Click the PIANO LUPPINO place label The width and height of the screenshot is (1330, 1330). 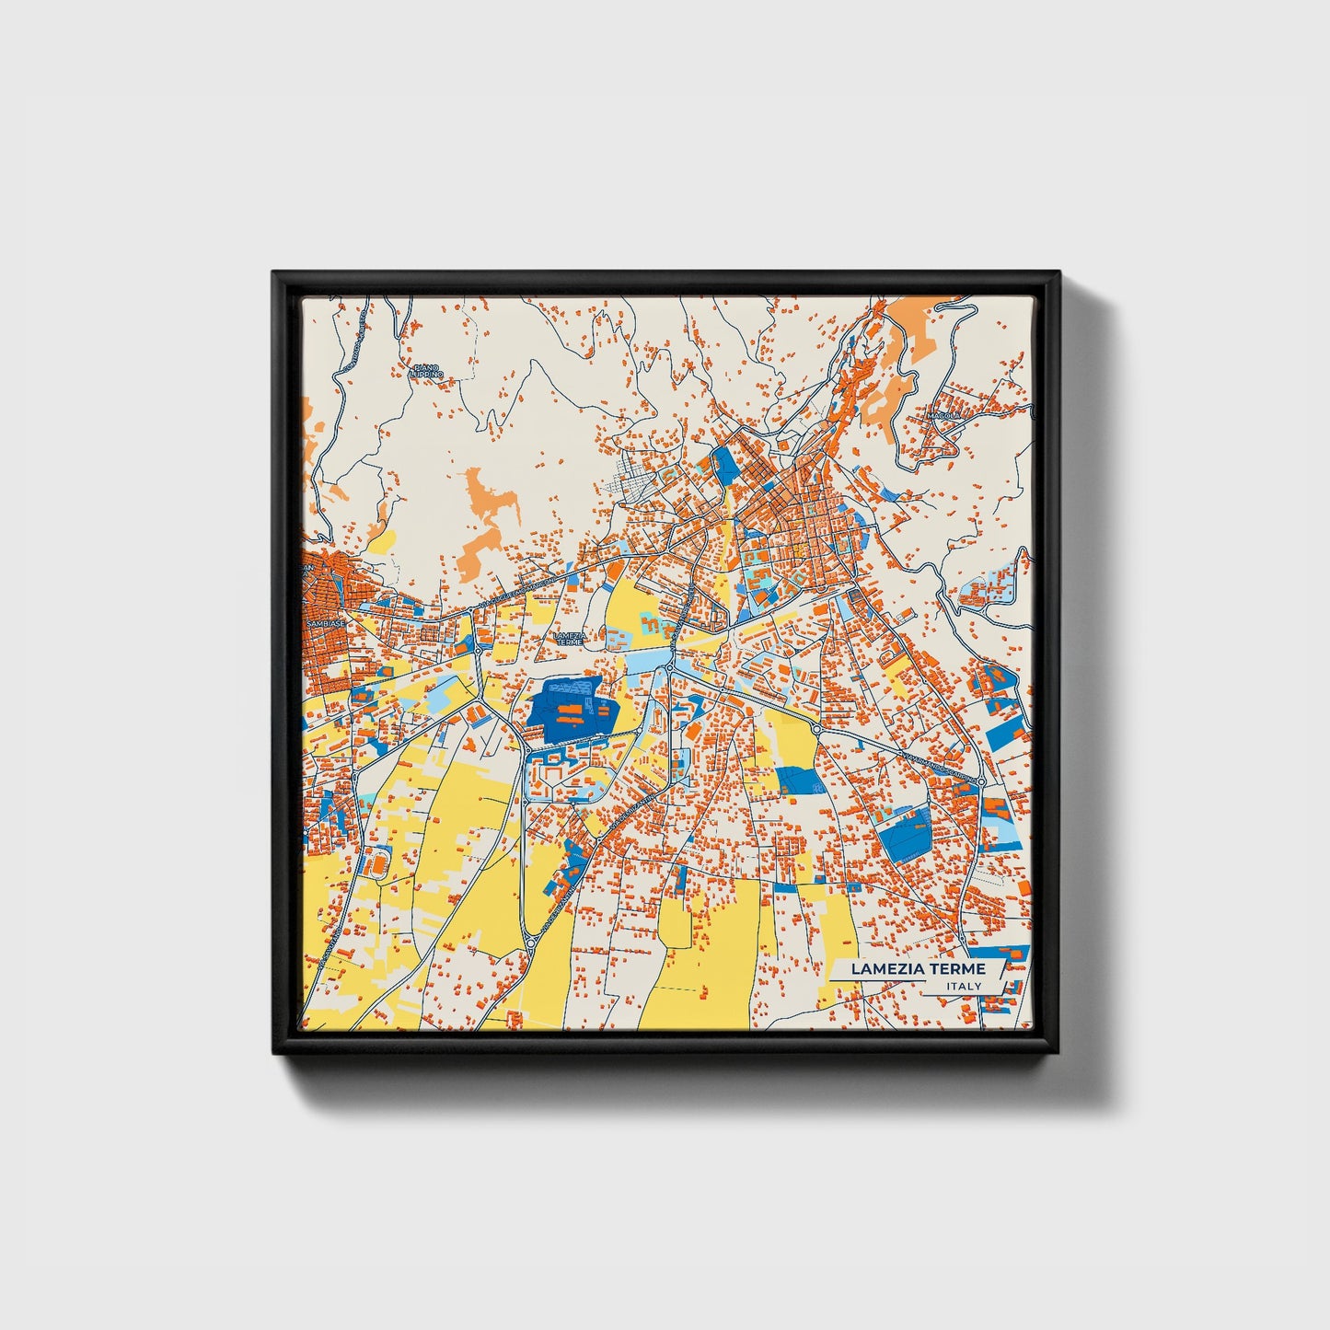(427, 371)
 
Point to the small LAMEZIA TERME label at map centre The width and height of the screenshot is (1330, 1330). (571, 637)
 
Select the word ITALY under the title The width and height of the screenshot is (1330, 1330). (964, 987)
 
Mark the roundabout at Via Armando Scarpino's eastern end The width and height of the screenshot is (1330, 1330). (981, 781)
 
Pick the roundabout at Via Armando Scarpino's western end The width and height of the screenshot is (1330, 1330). (815, 729)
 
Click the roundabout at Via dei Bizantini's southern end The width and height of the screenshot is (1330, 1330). (531, 942)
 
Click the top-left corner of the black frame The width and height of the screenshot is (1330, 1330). (274, 273)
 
